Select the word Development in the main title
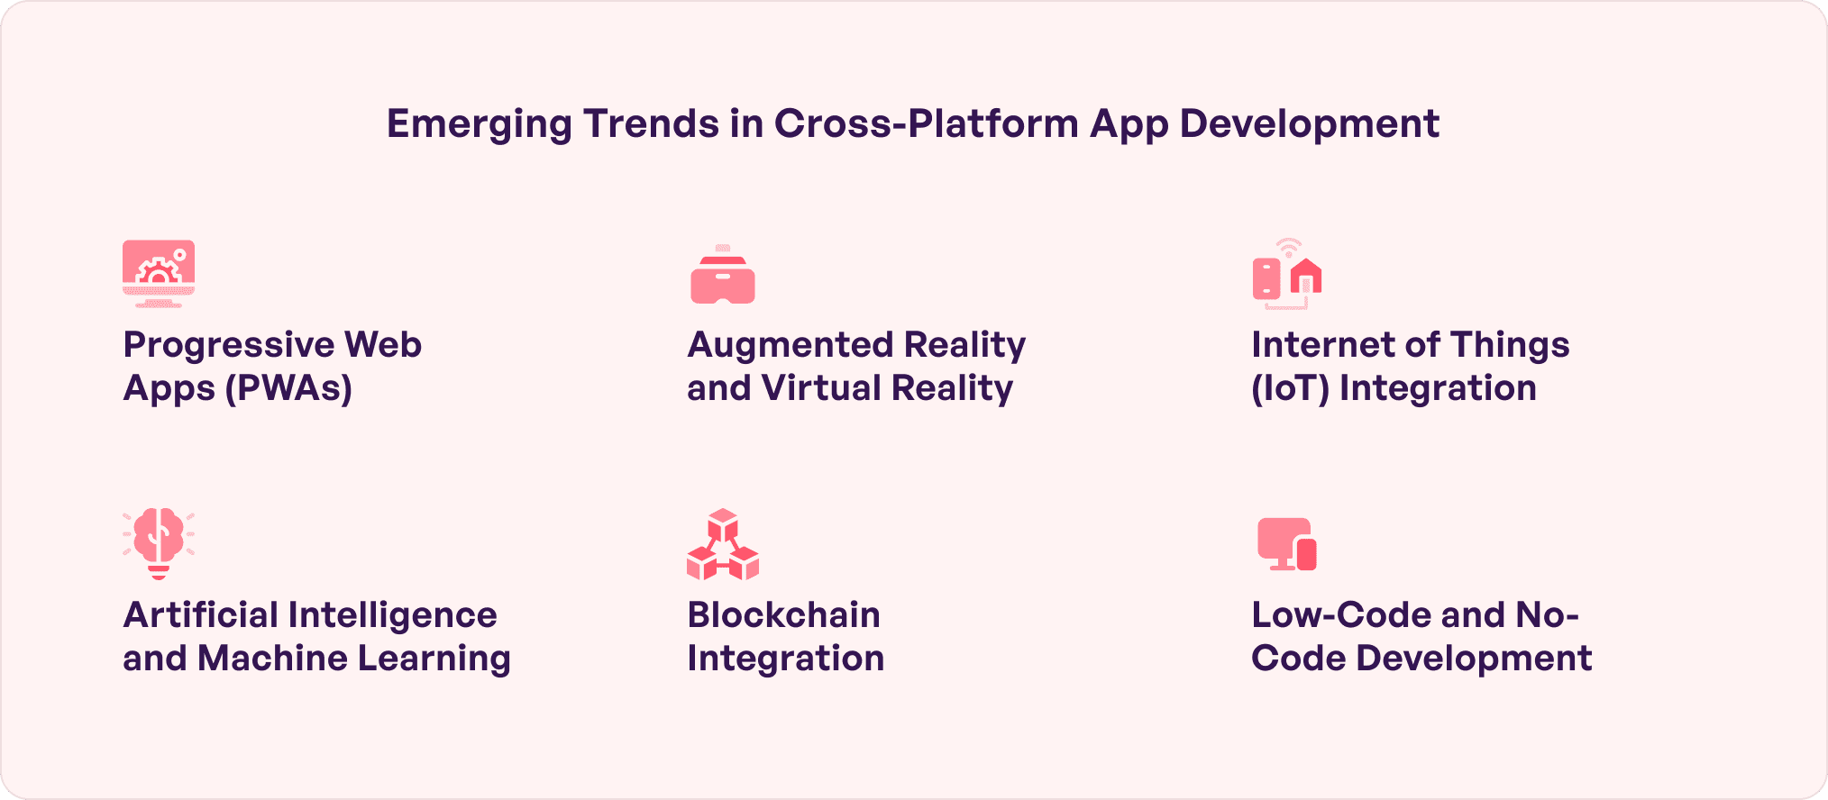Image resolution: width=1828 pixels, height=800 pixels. (x=1309, y=124)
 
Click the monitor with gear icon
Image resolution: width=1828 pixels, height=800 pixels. (x=159, y=274)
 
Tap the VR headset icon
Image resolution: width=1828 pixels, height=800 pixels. (x=723, y=275)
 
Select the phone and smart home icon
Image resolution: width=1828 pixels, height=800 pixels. (x=1287, y=274)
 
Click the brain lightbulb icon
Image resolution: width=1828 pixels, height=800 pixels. (x=159, y=544)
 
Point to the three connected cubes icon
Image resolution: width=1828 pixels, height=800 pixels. (x=723, y=544)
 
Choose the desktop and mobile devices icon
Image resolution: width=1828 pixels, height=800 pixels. (x=1287, y=544)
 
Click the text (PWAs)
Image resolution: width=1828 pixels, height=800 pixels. (x=288, y=388)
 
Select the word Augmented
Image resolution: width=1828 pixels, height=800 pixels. (x=791, y=346)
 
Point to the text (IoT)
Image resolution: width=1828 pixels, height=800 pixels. (x=1290, y=388)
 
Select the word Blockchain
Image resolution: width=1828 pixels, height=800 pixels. (x=784, y=615)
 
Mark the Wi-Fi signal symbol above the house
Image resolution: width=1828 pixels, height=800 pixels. (x=1289, y=247)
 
